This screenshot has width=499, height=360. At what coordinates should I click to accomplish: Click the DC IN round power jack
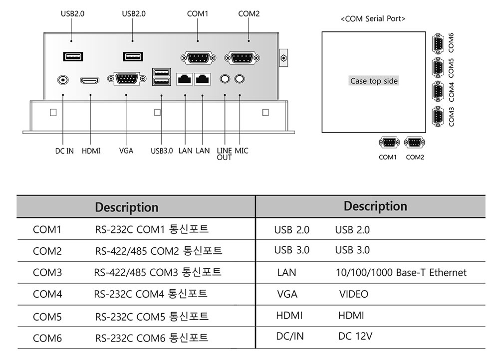(x=63, y=79)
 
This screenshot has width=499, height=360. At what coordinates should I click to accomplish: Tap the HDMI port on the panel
(x=90, y=80)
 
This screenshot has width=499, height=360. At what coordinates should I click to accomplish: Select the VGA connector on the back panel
(x=127, y=79)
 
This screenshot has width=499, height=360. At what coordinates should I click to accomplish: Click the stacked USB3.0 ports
(x=162, y=77)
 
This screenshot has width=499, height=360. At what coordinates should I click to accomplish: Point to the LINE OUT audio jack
(x=225, y=79)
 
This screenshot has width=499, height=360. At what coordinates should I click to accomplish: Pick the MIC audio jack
(x=240, y=79)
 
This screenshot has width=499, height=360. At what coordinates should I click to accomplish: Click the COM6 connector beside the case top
(x=438, y=43)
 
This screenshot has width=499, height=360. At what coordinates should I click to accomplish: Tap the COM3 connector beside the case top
(x=438, y=116)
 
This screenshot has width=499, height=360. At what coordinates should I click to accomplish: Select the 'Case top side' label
(x=374, y=81)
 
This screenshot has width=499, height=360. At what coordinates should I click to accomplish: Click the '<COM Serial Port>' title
(x=373, y=19)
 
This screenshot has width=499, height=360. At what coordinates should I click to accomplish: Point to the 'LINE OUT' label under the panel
(x=225, y=154)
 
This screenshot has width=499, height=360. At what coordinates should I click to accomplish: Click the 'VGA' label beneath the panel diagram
(x=126, y=151)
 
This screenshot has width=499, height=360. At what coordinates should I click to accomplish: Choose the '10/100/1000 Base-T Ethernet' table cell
(x=401, y=273)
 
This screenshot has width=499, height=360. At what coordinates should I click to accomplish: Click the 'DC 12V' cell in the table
(x=355, y=336)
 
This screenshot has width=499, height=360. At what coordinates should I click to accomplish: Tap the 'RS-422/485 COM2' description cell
(x=159, y=251)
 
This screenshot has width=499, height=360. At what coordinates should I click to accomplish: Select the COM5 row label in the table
(x=47, y=317)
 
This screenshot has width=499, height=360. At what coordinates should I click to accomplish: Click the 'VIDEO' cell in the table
(x=354, y=294)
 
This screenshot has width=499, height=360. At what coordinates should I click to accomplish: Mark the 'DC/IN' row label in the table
(x=290, y=336)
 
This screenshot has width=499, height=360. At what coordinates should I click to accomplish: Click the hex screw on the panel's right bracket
(x=283, y=58)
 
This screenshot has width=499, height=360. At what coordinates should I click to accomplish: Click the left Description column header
(x=127, y=207)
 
